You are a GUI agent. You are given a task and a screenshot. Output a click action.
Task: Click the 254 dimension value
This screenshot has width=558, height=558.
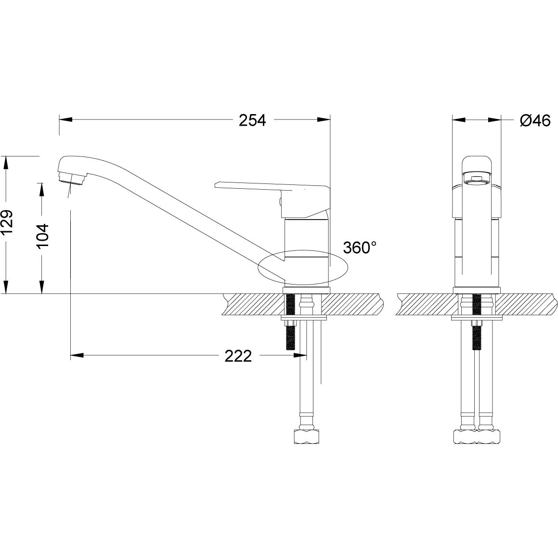(252, 120)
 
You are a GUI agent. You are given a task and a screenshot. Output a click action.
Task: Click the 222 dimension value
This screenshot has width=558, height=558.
(238, 356)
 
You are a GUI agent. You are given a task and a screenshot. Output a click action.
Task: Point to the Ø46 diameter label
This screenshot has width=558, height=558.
(534, 120)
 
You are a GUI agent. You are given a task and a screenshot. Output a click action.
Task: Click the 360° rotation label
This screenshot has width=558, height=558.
(359, 248)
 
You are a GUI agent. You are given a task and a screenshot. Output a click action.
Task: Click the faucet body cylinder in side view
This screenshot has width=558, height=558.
(306, 250)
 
